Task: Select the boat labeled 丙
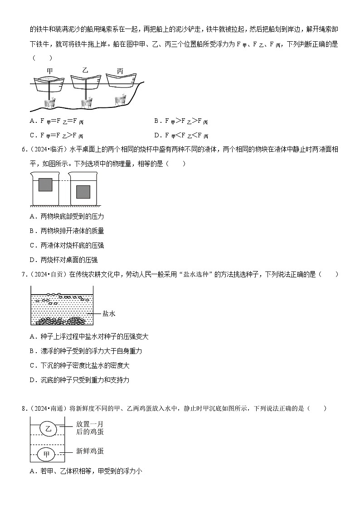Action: coord(120,81)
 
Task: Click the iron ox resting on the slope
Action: coord(120,99)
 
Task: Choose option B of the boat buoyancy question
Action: coord(181,121)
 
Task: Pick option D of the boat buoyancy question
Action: coord(181,136)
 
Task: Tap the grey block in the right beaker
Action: coord(83,191)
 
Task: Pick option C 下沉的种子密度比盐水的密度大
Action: coord(80,365)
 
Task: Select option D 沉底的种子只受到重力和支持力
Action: coord(80,380)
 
